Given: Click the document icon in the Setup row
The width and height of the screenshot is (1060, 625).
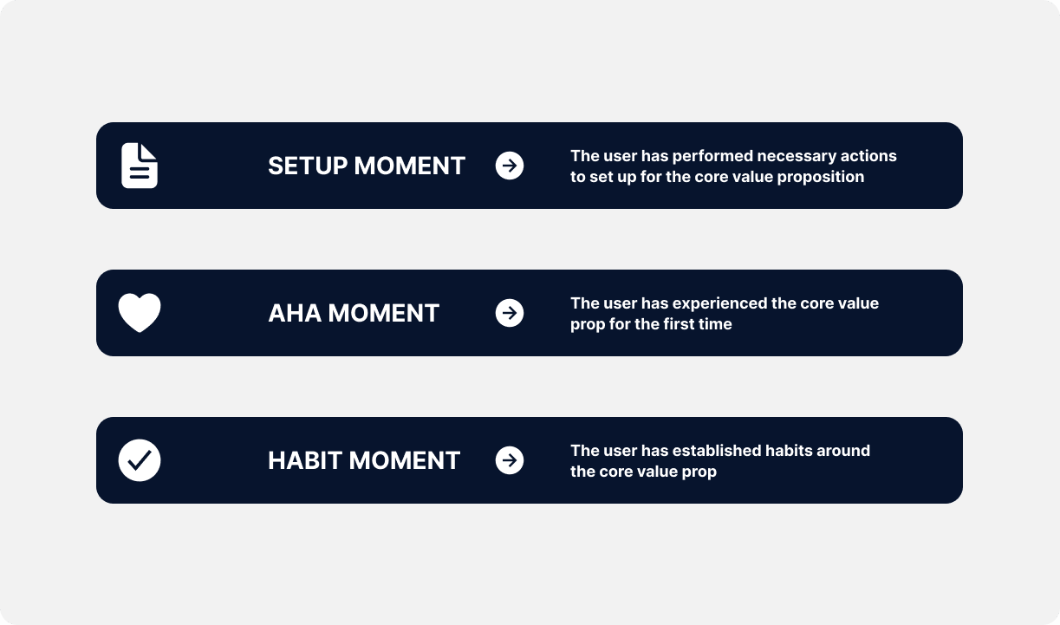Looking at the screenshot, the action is click(140, 166).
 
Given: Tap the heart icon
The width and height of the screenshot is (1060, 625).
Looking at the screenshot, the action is click(140, 313).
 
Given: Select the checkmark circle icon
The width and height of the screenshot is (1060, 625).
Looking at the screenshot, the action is click(140, 460).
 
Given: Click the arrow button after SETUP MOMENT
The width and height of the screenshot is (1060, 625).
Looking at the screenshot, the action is click(509, 166).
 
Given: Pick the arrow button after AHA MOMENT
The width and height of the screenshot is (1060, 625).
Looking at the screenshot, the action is click(509, 313).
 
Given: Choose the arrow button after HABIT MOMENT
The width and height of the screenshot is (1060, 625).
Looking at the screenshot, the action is click(509, 460).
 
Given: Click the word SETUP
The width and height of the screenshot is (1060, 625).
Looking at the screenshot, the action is click(308, 166).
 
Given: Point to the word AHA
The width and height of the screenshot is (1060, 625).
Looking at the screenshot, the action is click(295, 313).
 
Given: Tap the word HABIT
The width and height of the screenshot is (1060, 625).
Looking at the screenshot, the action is click(305, 461).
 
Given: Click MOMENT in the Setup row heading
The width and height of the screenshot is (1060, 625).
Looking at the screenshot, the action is click(409, 166).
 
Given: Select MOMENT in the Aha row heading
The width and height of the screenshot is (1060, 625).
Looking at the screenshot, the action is click(383, 313).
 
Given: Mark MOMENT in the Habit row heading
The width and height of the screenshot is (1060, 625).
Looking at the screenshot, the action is click(404, 461).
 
